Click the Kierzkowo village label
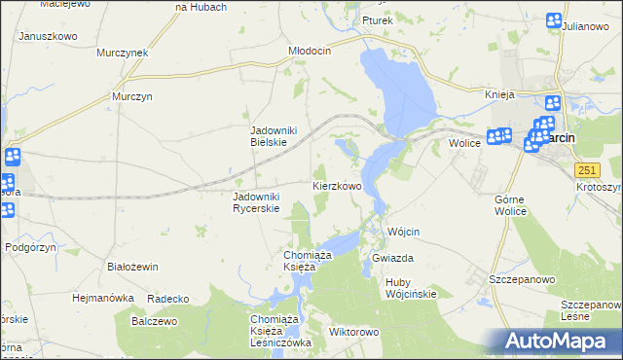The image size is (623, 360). (x=338, y=185)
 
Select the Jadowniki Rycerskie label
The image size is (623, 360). (x=257, y=202)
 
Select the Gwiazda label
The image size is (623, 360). (x=393, y=258)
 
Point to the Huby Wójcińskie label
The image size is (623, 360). (x=411, y=288)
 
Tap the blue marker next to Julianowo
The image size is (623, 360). (x=554, y=20)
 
